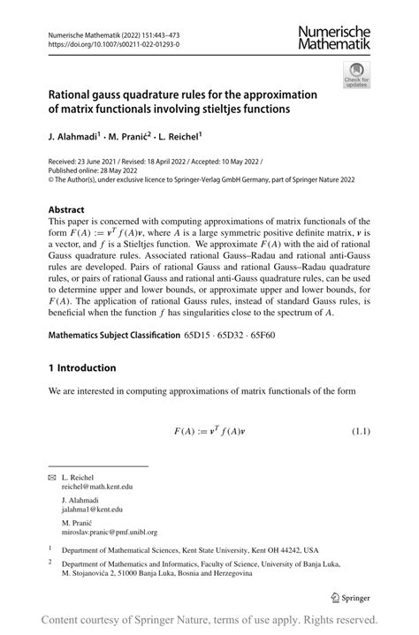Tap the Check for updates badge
click(356, 75)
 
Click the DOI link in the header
click(105, 42)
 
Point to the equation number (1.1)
click(361, 432)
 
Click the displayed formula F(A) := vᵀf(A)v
click(209, 432)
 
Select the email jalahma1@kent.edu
click(92, 510)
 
